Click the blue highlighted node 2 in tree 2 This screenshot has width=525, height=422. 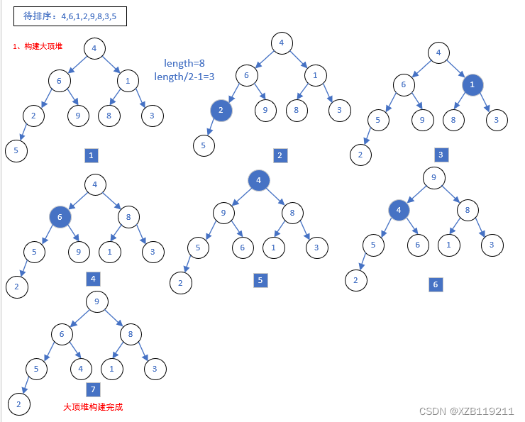(x=221, y=111)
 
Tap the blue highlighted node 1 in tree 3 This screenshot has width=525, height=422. (x=472, y=84)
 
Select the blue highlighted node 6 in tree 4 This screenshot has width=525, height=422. (x=60, y=217)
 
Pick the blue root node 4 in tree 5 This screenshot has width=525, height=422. (x=259, y=181)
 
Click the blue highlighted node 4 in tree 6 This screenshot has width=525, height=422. (x=399, y=210)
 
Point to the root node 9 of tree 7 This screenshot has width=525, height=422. (x=96, y=301)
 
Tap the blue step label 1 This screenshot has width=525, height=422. (x=91, y=155)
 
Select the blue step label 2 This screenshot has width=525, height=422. (x=280, y=155)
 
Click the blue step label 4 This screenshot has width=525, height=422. (x=93, y=279)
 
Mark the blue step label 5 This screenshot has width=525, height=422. (x=260, y=280)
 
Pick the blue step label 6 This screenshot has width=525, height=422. (x=436, y=284)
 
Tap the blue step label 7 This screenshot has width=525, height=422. (x=93, y=389)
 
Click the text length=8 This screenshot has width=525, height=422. (x=184, y=63)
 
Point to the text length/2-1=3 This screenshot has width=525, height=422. (x=184, y=77)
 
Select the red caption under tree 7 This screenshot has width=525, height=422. (x=93, y=407)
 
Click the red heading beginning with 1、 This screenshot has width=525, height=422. (x=38, y=46)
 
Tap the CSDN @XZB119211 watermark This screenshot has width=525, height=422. (x=466, y=411)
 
